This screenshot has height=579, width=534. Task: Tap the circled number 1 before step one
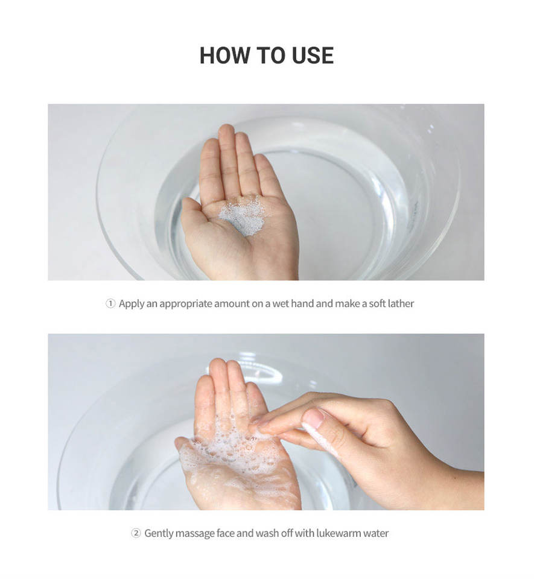(110, 303)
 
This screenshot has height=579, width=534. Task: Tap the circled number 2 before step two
(136, 533)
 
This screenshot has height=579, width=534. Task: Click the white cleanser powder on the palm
(242, 216)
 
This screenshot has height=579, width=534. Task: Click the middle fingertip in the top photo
(226, 131)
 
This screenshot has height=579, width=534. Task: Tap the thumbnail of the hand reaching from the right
(313, 418)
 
